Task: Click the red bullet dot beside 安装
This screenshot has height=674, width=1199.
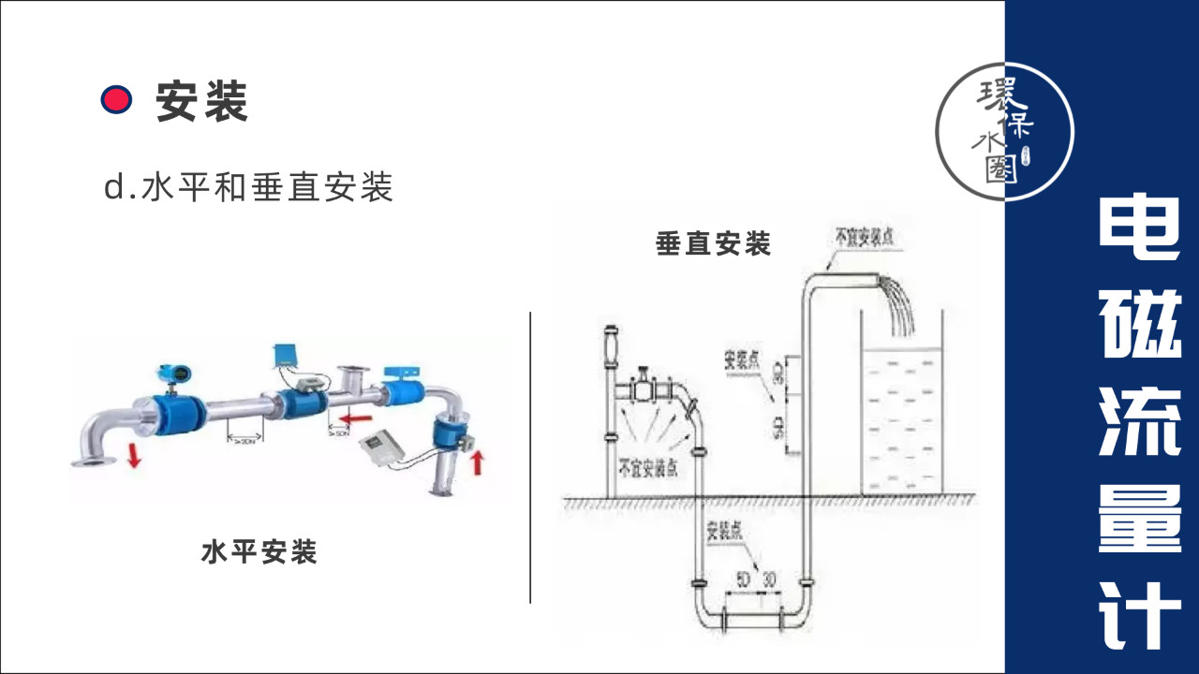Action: pyautogui.click(x=116, y=99)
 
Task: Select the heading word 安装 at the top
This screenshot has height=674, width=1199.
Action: pyautogui.click(x=201, y=101)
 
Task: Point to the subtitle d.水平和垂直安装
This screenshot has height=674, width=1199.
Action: pyautogui.click(x=248, y=187)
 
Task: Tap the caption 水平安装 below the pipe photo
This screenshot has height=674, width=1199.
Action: pyautogui.click(x=259, y=552)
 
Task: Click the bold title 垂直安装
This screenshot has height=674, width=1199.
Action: pyautogui.click(x=713, y=244)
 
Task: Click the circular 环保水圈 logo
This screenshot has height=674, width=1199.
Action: pyautogui.click(x=1004, y=131)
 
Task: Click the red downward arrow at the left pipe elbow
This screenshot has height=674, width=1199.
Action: pyautogui.click(x=135, y=456)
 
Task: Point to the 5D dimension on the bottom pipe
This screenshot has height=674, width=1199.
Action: pyautogui.click(x=743, y=579)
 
